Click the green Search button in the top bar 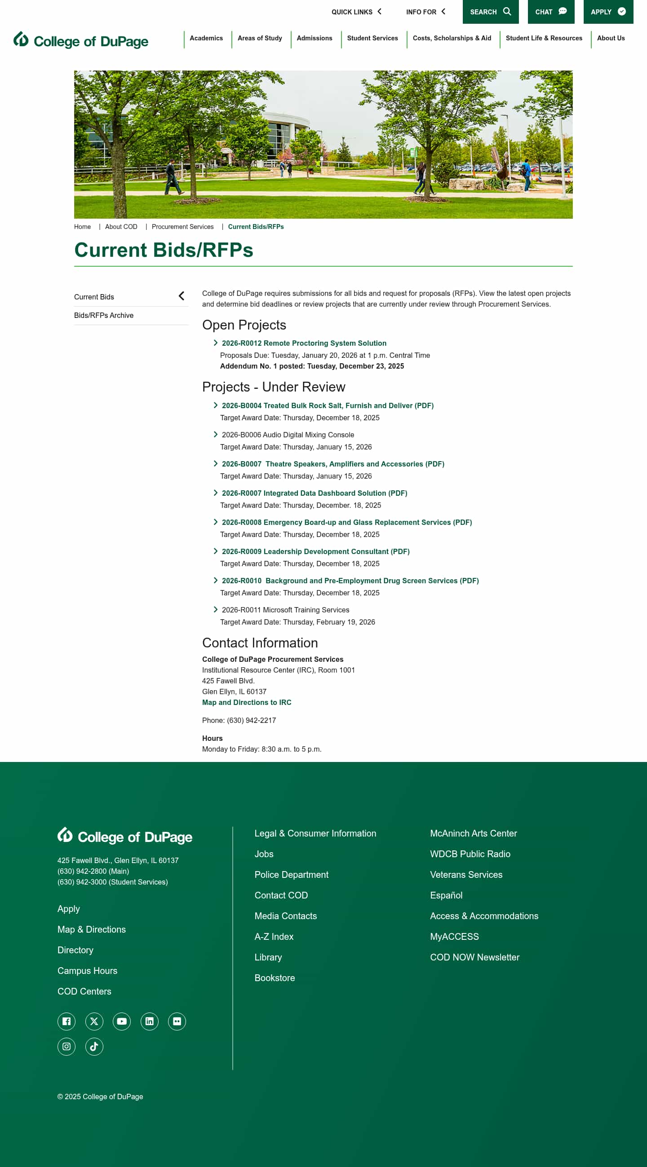pos(490,12)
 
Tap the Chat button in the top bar pos(550,12)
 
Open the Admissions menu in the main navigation pos(314,39)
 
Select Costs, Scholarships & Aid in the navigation pos(452,39)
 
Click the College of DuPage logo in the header pos(81,41)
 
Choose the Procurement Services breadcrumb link pos(182,227)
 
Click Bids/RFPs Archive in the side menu pos(104,316)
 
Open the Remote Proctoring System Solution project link pos(304,343)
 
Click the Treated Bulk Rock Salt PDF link pos(328,406)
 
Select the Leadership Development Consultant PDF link pos(315,552)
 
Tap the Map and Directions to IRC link pos(247,703)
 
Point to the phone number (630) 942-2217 pos(251,721)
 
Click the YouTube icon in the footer pos(121,1022)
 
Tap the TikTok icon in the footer pos(94,1047)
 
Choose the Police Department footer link pos(292,875)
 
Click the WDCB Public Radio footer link pos(470,854)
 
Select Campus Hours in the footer pos(88,971)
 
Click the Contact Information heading pos(260,643)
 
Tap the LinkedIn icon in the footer pos(149,1022)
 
